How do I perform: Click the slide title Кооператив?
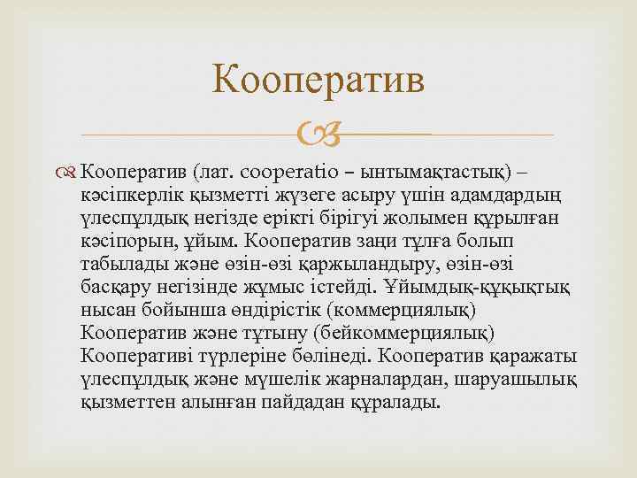[x=318, y=83]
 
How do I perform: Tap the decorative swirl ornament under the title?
[x=318, y=135]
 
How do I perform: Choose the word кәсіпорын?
[x=124, y=241]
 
